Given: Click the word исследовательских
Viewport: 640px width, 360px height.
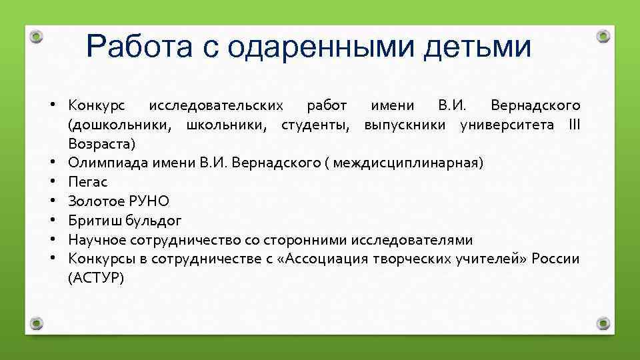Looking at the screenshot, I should [216, 105].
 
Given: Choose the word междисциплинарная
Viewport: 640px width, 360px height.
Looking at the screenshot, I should [406, 163].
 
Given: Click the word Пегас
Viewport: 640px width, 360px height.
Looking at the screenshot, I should [87, 182].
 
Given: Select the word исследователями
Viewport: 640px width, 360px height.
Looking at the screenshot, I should [412, 240].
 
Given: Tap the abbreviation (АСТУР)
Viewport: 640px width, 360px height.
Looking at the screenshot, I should [96, 278].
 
